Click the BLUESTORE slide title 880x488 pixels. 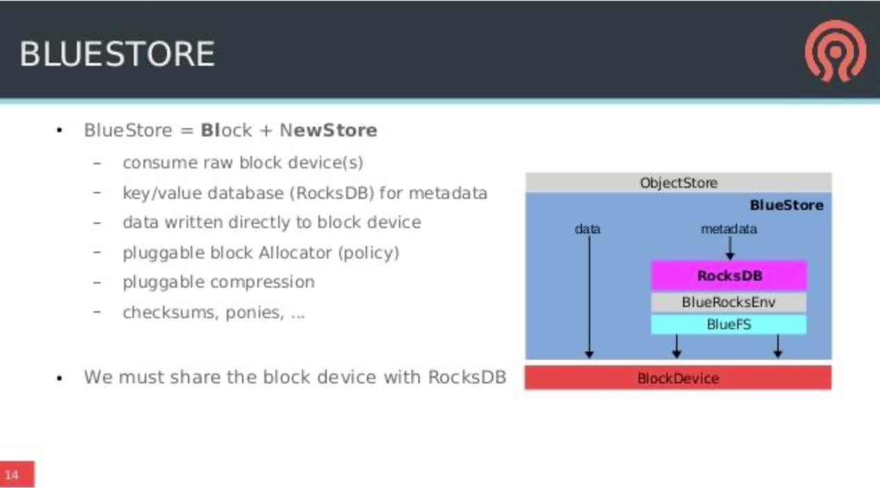[117, 54]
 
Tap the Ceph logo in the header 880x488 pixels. [835, 51]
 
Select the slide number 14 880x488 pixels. [12, 475]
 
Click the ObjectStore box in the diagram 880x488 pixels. [678, 182]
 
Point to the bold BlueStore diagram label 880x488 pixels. [786, 205]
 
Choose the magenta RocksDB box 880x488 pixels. [729, 276]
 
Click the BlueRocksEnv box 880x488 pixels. [729, 302]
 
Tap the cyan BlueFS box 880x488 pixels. [729, 324]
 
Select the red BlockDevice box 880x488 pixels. [678, 378]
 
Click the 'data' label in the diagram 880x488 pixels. [588, 229]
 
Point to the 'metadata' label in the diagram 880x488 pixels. [729, 229]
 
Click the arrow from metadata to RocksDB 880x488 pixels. [730, 248]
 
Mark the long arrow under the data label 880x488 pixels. [589, 297]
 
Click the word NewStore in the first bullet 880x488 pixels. [329, 130]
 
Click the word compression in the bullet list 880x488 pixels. [262, 283]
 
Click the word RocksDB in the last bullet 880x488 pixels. [467, 377]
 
